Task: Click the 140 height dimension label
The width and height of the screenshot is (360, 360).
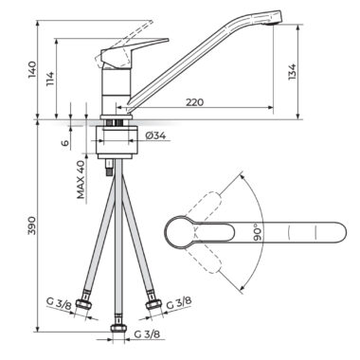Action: [32, 69]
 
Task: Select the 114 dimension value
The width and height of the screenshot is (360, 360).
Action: [50, 80]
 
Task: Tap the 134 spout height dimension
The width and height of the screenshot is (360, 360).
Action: [292, 72]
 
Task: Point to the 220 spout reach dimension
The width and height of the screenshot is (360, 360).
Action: [194, 102]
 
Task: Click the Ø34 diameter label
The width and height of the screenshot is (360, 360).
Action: [155, 135]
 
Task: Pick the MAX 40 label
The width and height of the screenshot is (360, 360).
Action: [81, 179]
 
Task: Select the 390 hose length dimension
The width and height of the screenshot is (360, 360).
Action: [32, 225]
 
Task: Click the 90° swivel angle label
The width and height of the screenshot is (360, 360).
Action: [258, 232]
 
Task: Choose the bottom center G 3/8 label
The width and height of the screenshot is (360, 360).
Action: [147, 334]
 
